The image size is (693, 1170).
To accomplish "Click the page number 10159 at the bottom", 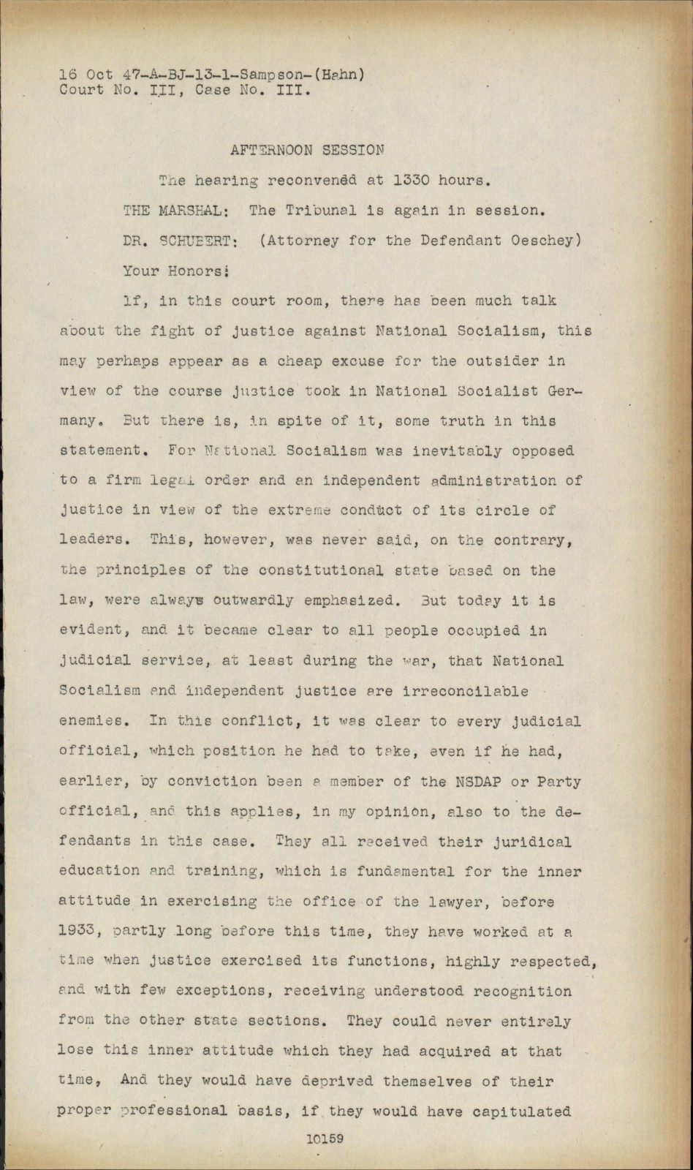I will coord(325,1139).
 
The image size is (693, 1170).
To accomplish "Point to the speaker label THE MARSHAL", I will coord(175,211).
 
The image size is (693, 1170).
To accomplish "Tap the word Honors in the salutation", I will coord(193,271).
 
